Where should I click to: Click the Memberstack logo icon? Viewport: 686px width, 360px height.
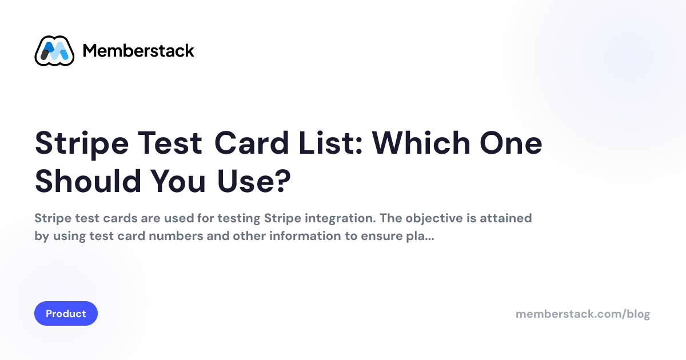(54, 51)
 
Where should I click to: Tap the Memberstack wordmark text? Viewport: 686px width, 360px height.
(138, 51)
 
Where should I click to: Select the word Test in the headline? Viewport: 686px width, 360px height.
(170, 143)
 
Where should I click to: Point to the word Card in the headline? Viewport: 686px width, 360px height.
(252, 143)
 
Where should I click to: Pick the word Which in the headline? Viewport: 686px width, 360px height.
(421, 143)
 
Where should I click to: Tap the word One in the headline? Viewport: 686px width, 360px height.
(511, 143)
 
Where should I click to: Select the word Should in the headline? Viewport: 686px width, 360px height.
(88, 181)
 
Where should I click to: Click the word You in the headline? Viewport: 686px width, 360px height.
(178, 181)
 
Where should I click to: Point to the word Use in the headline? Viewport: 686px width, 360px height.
(245, 181)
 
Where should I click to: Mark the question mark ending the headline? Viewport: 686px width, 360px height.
(282, 181)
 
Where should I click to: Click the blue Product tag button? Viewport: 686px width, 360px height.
(66, 314)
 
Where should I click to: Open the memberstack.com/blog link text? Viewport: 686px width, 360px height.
(583, 314)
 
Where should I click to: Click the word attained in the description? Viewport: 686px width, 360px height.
(505, 218)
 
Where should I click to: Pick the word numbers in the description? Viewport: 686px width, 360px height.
(176, 236)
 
